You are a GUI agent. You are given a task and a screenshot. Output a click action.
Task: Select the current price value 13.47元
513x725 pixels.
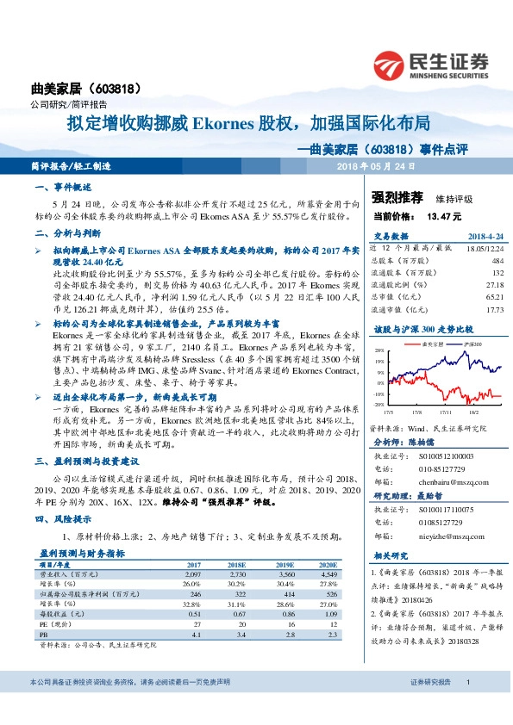coord(445,217)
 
